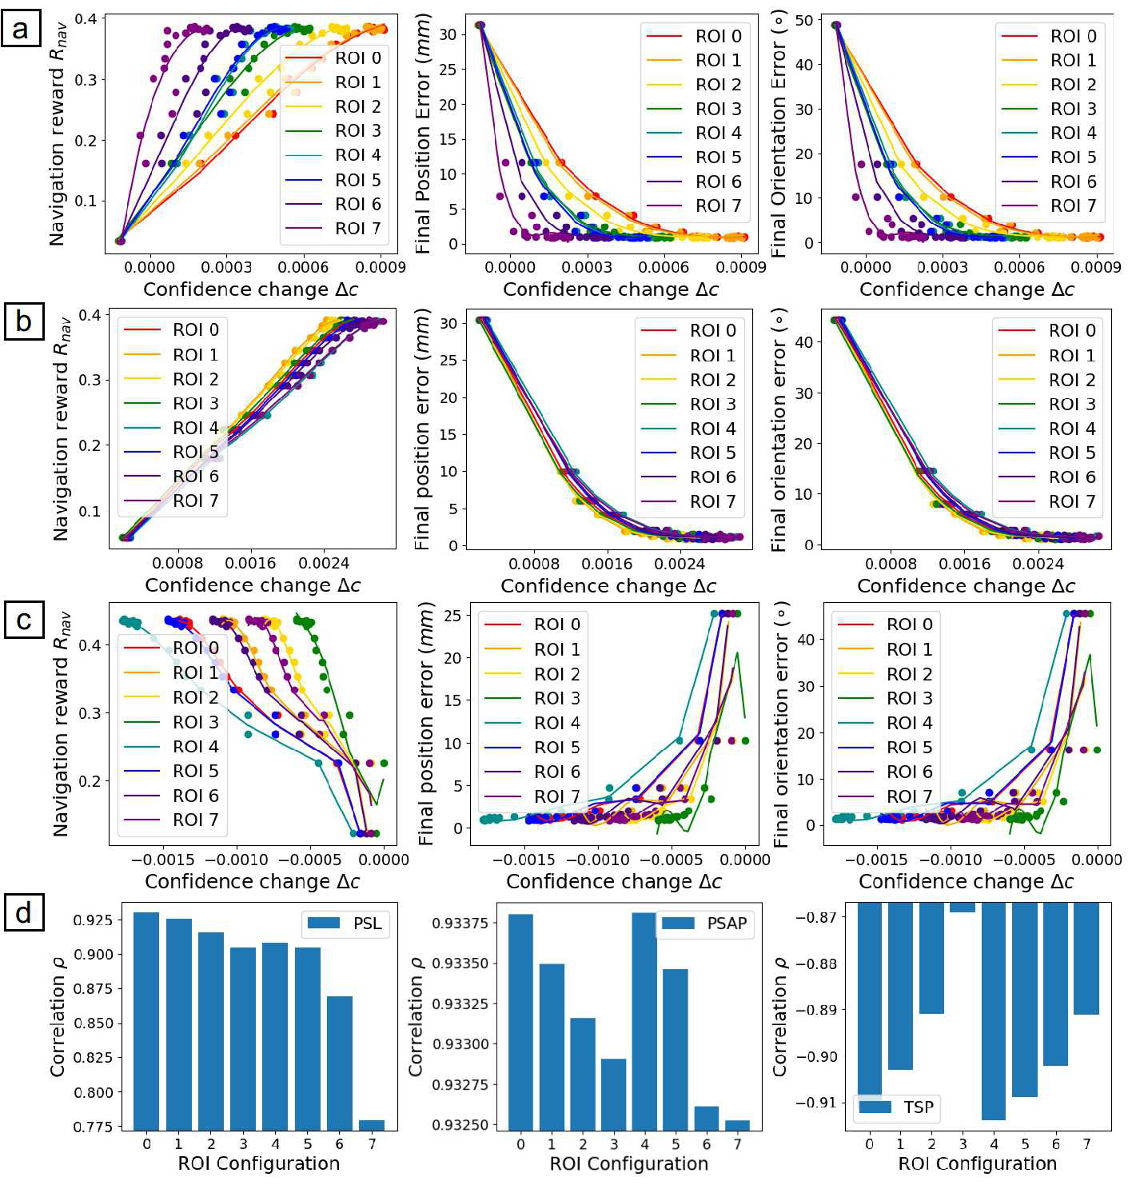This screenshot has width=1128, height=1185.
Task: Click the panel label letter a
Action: [x=21, y=29]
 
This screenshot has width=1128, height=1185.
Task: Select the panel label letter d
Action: [x=23, y=912]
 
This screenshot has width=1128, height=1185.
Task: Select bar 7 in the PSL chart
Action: [x=372, y=1125]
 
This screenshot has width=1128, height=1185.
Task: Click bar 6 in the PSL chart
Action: [x=340, y=1063]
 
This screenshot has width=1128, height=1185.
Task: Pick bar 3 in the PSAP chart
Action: [x=614, y=1094]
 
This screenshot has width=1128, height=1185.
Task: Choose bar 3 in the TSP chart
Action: [x=963, y=908]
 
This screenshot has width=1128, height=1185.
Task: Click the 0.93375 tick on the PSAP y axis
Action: [x=459, y=923]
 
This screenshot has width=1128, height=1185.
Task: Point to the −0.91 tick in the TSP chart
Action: [x=815, y=1103]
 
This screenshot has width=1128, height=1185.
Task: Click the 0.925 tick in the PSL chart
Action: [x=93, y=920]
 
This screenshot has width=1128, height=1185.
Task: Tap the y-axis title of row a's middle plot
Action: [x=423, y=134]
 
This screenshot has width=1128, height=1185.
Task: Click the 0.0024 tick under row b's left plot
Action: [x=324, y=564]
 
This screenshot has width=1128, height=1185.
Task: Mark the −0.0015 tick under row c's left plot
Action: [x=162, y=860]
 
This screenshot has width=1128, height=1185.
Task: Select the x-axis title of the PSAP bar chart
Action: [x=628, y=1163]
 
